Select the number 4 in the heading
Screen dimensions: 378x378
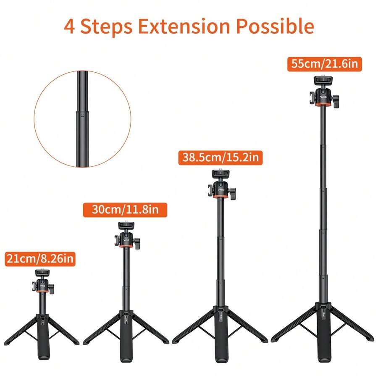tap(70, 26)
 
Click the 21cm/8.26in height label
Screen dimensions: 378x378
tap(40, 259)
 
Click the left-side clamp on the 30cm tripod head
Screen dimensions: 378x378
tap(115, 241)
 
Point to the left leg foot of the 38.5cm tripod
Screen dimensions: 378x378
tap(176, 340)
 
